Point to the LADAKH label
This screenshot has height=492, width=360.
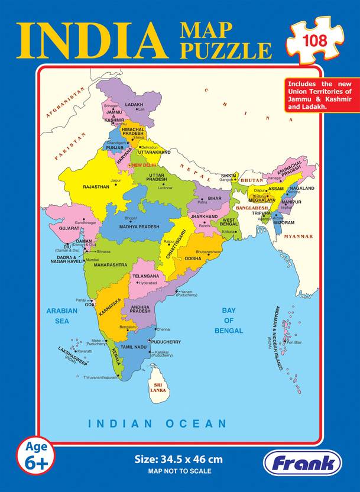point(134,104)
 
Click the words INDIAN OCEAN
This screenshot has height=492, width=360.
point(157,423)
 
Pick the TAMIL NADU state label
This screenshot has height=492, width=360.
point(134,347)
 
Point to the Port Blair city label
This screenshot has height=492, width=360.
point(294,342)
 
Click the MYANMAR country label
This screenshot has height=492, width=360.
point(298,237)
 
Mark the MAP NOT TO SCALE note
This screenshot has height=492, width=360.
point(180,471)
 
